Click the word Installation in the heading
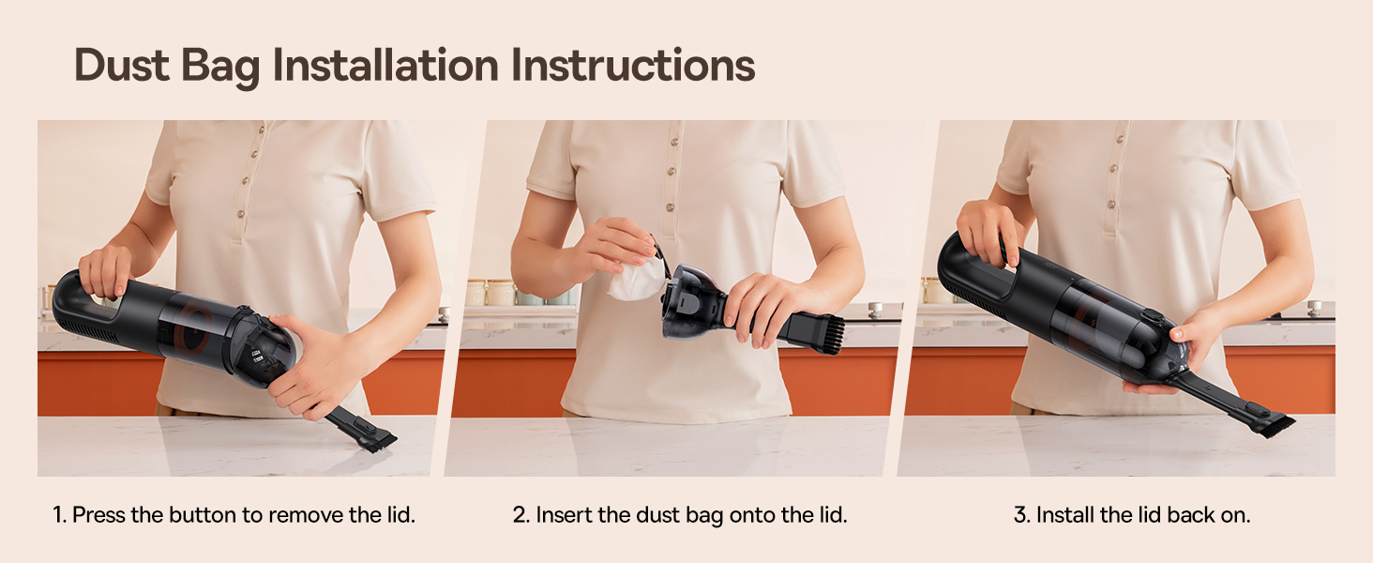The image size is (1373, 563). pyautogui.click(x=385, y=66)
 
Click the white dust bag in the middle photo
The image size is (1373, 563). pyautogui.click(x=636, y=279)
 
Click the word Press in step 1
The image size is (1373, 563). pyautogui.click(x=96, y=515)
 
